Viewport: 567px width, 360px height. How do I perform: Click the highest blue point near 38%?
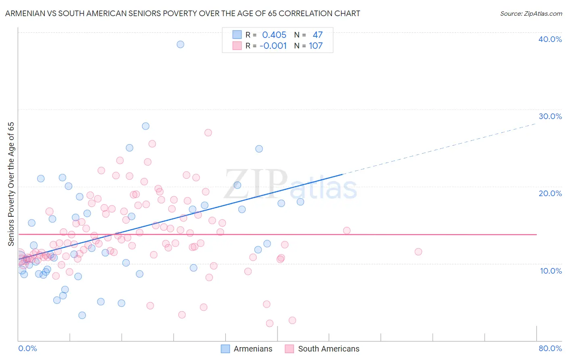point(180,44)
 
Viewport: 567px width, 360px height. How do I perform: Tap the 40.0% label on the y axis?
point(550,39)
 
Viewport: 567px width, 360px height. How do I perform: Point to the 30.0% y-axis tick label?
point(550,116)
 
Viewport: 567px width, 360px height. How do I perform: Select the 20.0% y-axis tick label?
point(550,193)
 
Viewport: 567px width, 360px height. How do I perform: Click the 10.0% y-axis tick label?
point(551,271)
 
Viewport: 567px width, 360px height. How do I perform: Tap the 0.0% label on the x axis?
point(27,348)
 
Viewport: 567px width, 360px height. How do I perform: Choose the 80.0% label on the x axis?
point(550,348)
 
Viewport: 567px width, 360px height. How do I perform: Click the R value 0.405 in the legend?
point(274,35)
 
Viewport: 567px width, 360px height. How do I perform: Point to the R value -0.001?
point(273,46)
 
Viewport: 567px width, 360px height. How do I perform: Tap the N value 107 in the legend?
point(316,46)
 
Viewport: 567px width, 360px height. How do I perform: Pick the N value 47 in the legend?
point(317,35)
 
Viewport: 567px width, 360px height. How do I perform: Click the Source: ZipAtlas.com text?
point(531,14)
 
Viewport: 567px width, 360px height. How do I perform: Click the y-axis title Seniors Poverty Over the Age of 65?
point(11,184)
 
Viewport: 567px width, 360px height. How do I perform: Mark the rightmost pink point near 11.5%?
point(418,252)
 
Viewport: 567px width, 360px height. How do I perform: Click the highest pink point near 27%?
point(208,133)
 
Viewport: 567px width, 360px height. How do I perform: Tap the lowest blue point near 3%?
point(82,315)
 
